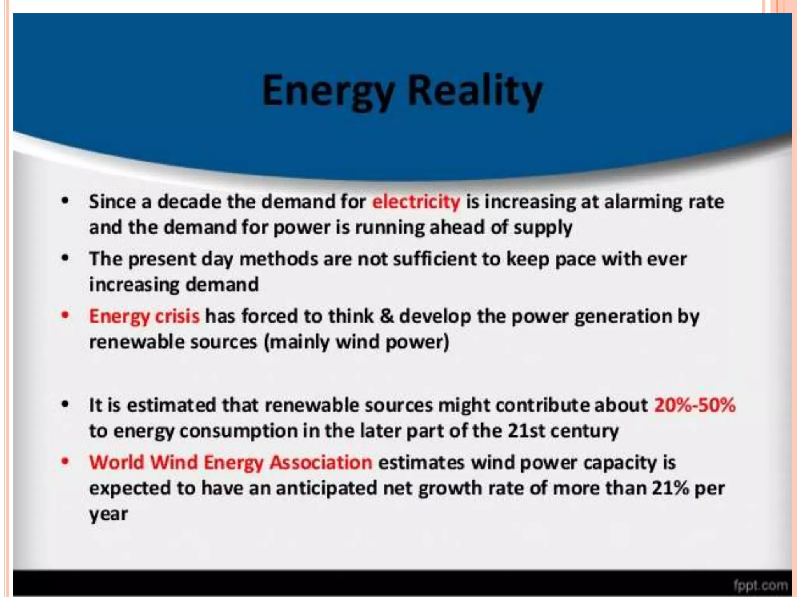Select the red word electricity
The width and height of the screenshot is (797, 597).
click(x=416, y=202)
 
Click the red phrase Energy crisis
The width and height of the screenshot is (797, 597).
click(x=144, y=316)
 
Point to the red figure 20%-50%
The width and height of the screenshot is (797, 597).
click(x=695, y=405)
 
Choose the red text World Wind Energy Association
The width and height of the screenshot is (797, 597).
click(x=230, y=463)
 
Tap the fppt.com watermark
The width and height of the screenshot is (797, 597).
click(x=760, y=585)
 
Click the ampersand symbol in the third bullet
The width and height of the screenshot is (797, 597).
click(x=386, y=316)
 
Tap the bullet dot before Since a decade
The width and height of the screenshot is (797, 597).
click(x=65, y=201)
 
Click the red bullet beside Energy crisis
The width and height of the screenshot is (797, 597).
click(x=65, y=315)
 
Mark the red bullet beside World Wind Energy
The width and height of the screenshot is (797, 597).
click(x=65, y=462)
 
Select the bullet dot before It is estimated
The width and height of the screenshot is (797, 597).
click(x=65, y=404)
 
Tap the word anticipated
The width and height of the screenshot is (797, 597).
click(x=327, y=489)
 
